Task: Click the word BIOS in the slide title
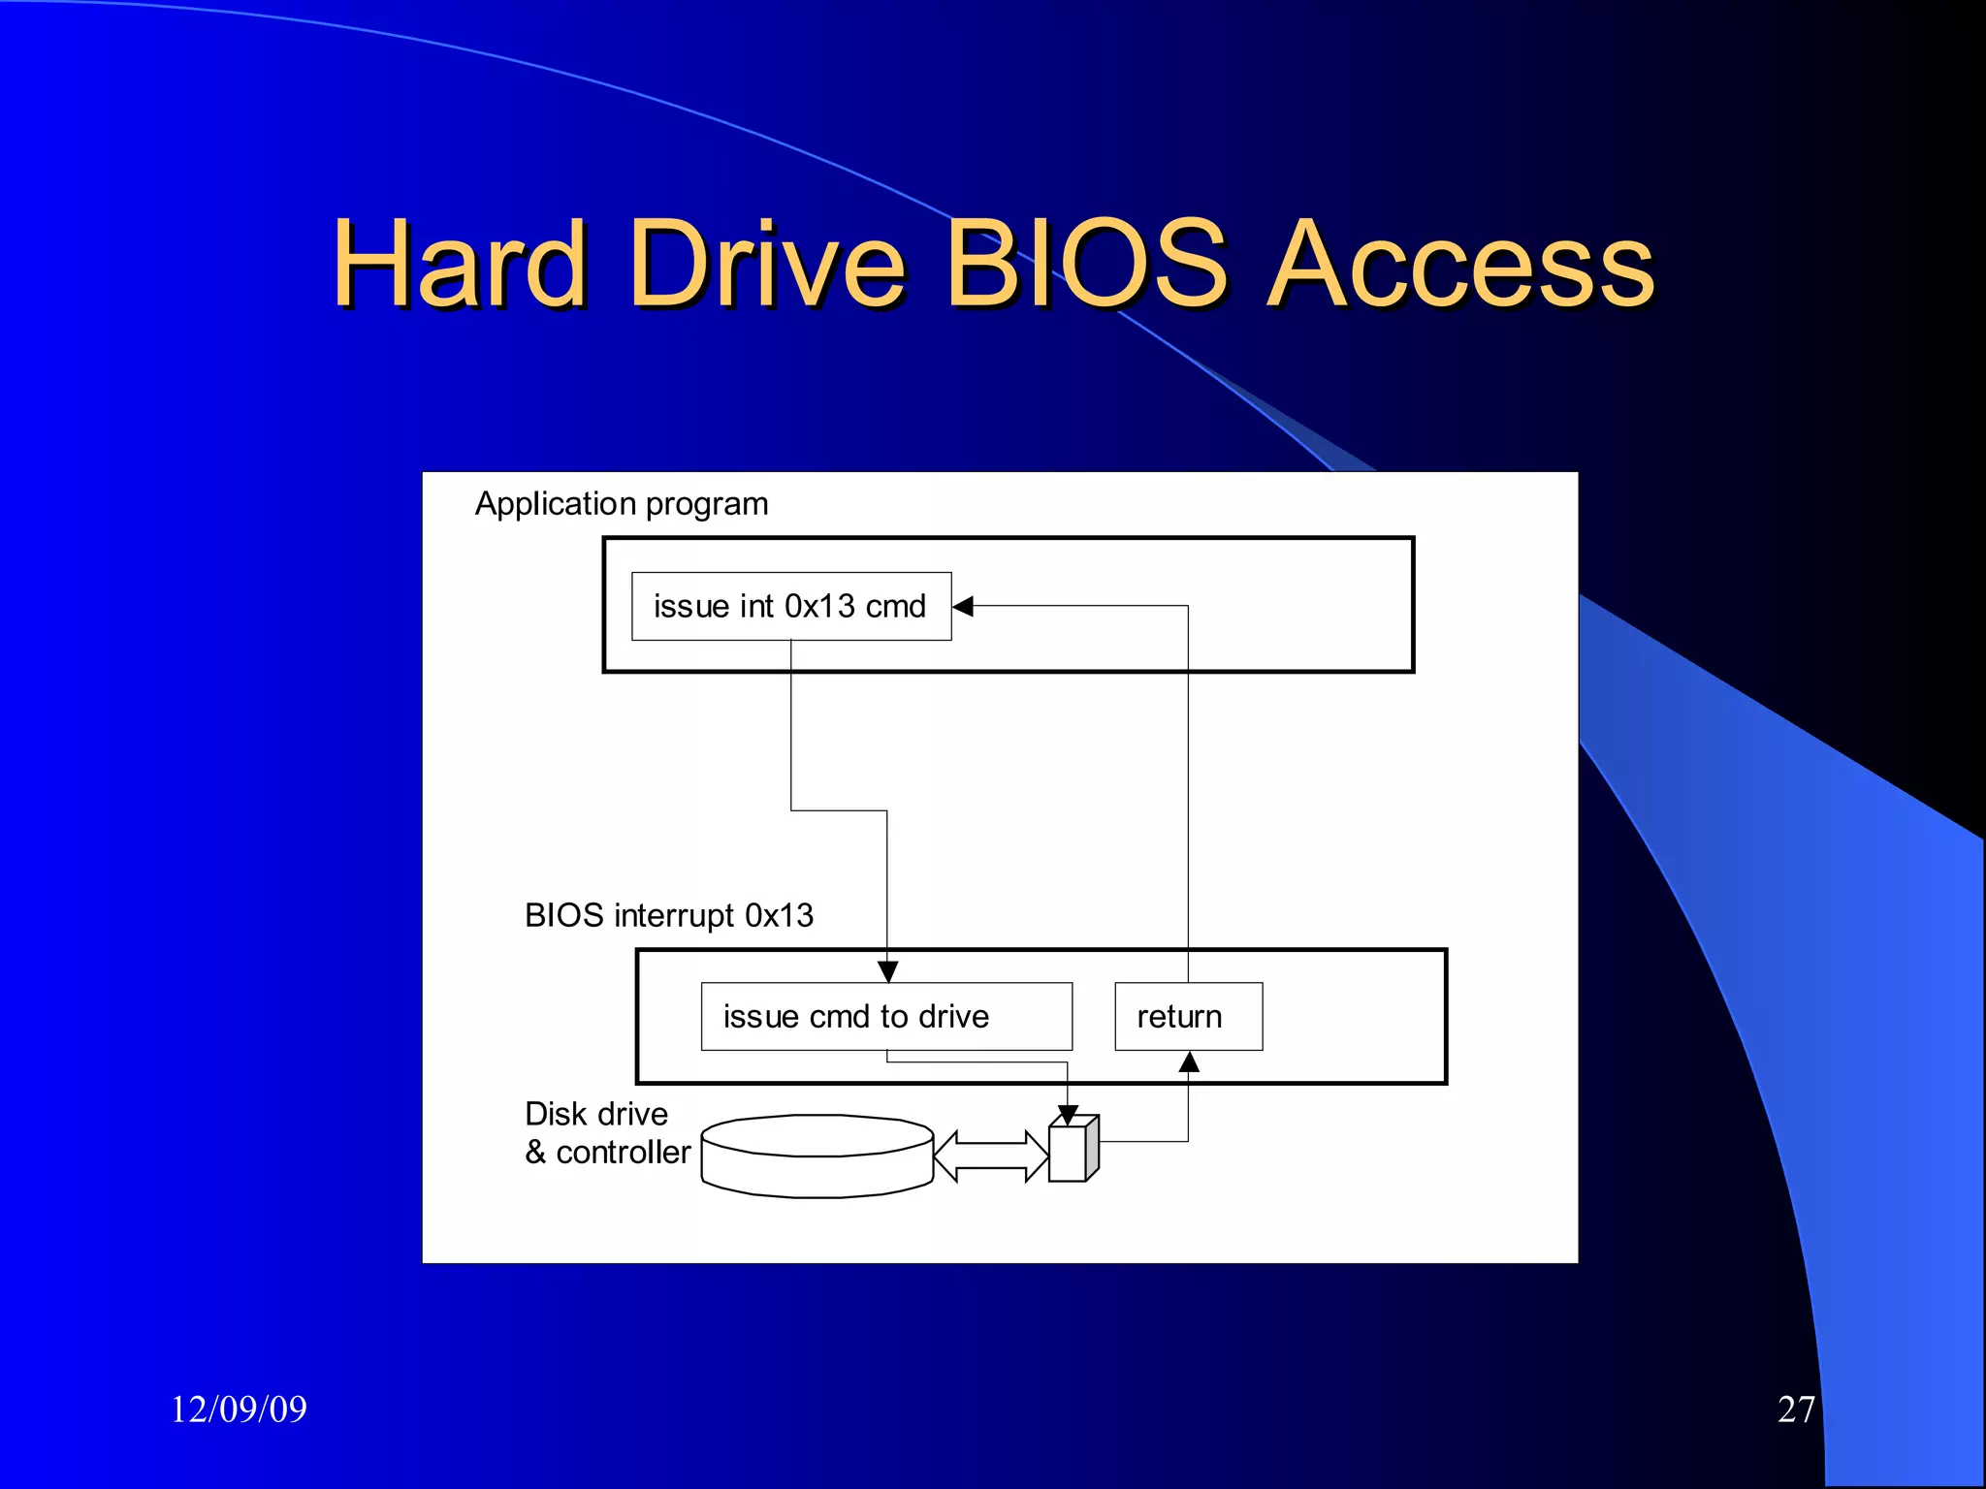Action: click(x=1086, y=264)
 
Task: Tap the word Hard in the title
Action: click(x=460, y=264)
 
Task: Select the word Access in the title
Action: click(x=1460, y=264)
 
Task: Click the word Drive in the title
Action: click(x=766, y=264)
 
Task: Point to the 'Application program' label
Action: click(x=622, y=504)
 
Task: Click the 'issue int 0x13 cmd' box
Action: click(x=791, y=607)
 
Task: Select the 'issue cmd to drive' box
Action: click(x=886, y=1017)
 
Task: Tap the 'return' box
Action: click(x=1188, y=1017)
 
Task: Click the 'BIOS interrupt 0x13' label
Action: click(x=669, y=915)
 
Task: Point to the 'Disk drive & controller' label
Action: click(x=607, y=1133)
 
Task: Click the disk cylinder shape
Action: click(x=817, y=1157)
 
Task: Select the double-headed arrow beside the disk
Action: click(x=991, y=1156)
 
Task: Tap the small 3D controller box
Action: click(x=1072, y=1151)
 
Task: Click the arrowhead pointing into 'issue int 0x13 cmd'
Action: click(x=963, y=607)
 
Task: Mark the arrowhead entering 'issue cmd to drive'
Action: click(x=887, y=971)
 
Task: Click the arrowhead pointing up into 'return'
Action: click(x=1189, y=1062)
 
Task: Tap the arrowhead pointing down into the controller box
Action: click(x=1068, y=1116)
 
